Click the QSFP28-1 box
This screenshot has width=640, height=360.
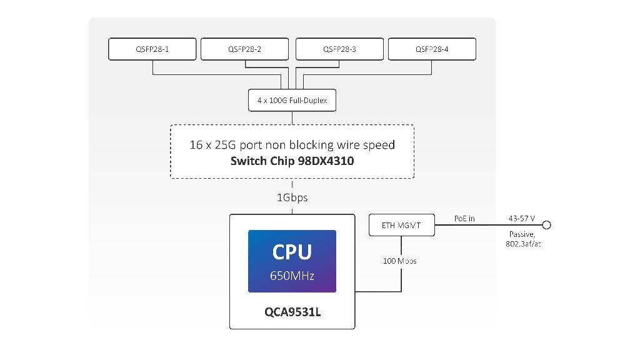tap(152, 49)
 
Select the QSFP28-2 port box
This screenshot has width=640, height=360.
tap(245, 49)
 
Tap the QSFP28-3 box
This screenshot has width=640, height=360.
tap(339, 49)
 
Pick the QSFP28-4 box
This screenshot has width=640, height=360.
tap(432, 49)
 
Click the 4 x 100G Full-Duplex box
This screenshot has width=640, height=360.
tap(292, 100)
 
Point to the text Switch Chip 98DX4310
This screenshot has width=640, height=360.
tap(292, 161)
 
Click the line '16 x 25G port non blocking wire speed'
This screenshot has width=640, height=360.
tap(292, 145)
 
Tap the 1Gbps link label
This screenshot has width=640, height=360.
tap(292, 197)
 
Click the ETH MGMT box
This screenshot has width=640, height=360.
tap(401, 225)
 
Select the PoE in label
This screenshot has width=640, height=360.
tap(464, 218)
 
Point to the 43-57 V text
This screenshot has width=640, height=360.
tap(522, 218)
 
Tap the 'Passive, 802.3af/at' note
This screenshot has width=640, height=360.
tap(522, 239)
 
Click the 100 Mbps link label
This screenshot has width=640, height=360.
tap(400, 261)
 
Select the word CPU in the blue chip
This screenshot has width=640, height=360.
tap(292, 252)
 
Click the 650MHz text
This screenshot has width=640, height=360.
tap(292, 275)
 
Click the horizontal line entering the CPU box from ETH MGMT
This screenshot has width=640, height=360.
tap(377, 291)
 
